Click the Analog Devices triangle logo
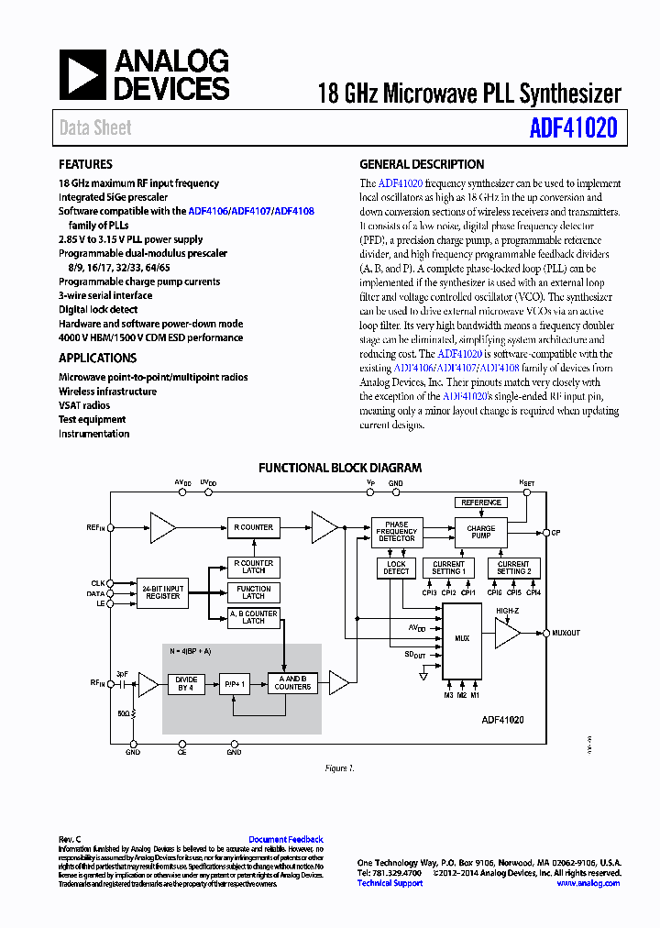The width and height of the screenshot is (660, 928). point(82,75)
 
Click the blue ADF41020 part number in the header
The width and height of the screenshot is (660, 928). point(573,128)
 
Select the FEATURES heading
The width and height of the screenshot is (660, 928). point(85,165)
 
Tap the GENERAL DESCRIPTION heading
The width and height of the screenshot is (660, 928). point(422,165)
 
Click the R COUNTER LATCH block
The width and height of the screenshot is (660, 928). point(254,567)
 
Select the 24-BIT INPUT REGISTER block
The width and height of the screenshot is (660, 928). point(162,592)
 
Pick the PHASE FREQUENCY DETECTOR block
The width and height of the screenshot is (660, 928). point(396,532)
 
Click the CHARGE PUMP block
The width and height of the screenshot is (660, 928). point(480,532)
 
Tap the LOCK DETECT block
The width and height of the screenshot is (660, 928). point(396,569)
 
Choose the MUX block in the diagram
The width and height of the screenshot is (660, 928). point(462,638)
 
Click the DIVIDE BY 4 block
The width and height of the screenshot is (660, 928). point(186,683)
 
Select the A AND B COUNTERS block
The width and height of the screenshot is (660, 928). point(293,683)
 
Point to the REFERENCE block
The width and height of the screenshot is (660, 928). point(481,503)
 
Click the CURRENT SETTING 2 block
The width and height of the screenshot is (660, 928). point(513,569)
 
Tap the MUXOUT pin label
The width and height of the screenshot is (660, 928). point(566,633)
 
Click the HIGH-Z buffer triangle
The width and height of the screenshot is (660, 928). point(506,633)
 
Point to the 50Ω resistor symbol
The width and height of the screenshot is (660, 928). point(134,712)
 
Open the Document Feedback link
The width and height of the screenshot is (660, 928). point(286,840)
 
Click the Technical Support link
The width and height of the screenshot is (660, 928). point(390,883)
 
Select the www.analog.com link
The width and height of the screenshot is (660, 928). point(588,883)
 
